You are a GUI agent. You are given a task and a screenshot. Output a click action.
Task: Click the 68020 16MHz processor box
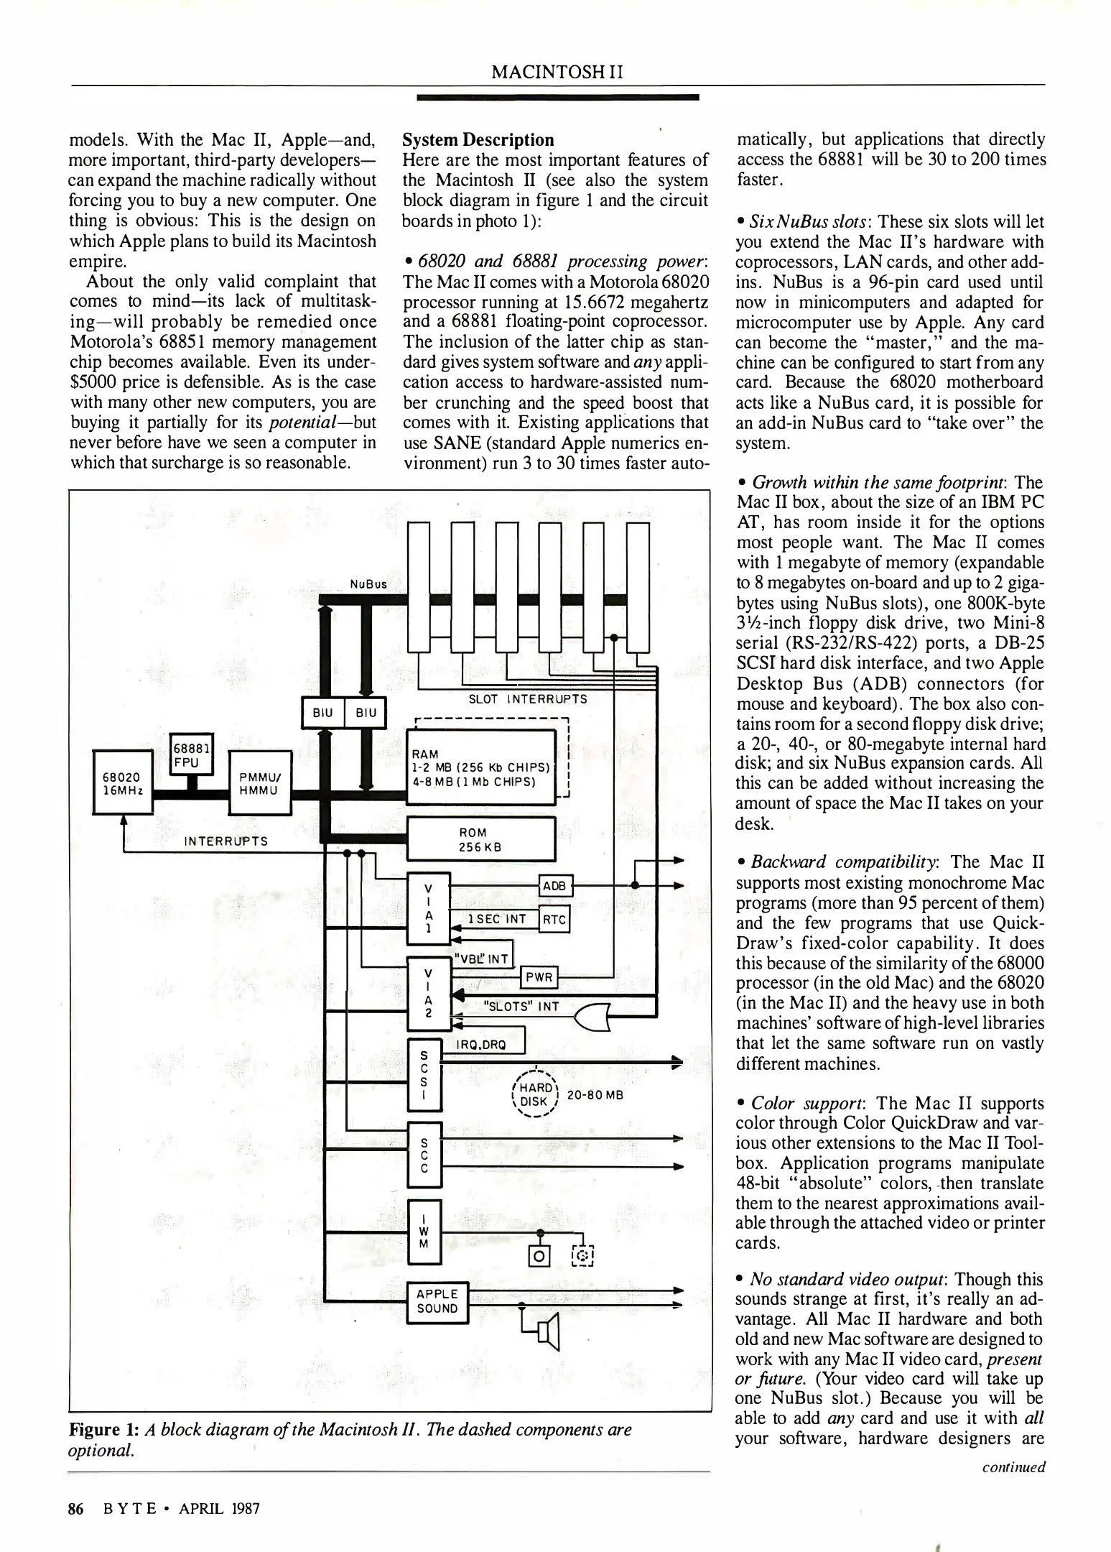[123, 782]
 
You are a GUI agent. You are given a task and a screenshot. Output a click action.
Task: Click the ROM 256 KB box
[480, 839]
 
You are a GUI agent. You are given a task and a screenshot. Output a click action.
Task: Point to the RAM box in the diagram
[480, 767]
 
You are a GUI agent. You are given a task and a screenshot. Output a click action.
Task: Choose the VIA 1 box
[428, 907]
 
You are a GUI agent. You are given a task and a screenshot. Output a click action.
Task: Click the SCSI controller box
[424, 1075]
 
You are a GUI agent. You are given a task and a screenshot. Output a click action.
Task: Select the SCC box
[424, 1155]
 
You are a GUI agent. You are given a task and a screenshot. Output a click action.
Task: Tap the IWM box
[424, 1232]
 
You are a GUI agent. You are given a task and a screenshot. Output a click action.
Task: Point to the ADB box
[554, 886]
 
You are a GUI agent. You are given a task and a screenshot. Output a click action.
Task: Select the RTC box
[554, 920]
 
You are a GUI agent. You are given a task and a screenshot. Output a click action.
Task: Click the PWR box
[539, 977]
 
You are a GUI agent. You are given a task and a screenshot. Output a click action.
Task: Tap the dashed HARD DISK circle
[534, 1094]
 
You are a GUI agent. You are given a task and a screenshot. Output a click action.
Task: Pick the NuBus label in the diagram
[368, 584]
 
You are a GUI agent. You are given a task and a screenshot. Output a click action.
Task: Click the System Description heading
[478, 139]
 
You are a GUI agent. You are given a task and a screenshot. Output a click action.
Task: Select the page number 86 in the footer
[76, 1508]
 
